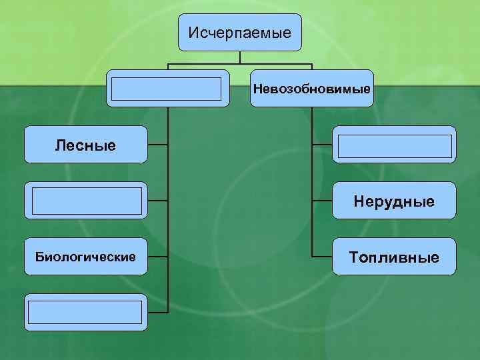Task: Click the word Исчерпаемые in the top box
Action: (239, 32)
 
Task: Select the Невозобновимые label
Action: (312, 88)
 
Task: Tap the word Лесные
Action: (85, 145)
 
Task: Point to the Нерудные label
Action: (395, 201)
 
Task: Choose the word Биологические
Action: (85, 257)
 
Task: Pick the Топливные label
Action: (395, 257)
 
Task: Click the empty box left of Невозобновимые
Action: (167, 88)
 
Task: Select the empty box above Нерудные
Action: (395, 145)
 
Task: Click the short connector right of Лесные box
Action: (157, 145)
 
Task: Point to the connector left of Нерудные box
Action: (322, 201)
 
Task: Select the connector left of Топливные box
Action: (322, 257)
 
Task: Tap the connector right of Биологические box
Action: (157, 257)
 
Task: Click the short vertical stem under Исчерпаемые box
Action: (240, 57)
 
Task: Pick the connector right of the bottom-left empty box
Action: (157, 313)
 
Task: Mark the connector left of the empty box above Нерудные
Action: (322, 145)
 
